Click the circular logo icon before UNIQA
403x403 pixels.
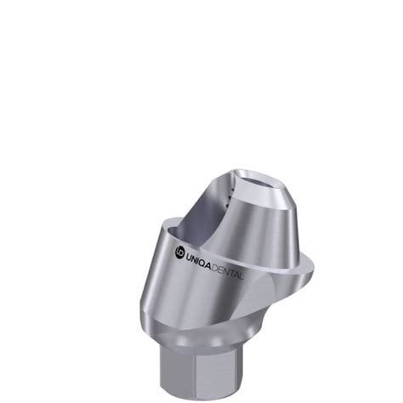pos(179,252)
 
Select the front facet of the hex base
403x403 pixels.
pos(221,362)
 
